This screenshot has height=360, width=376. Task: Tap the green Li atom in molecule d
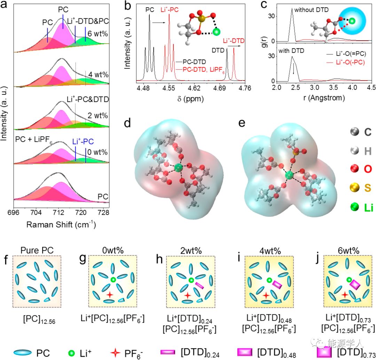(179, 168)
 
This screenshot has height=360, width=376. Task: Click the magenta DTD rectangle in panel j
(354, 285)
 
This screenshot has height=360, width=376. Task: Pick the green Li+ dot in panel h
(190, 280)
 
